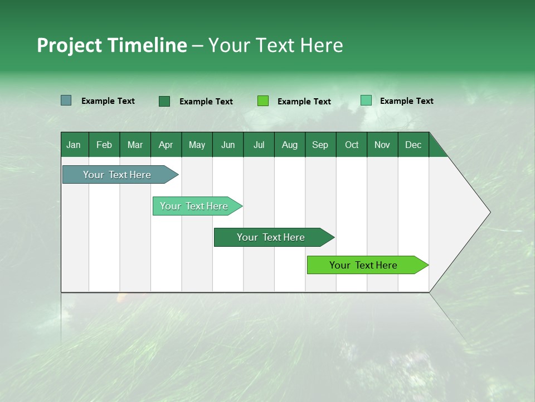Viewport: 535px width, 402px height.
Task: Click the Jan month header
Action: [x=74, y=145]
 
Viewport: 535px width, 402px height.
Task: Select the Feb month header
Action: [x=104, y=145]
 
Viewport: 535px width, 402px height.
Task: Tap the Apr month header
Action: [x=166, y=145]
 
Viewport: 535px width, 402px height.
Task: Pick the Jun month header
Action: [x=228, y=145]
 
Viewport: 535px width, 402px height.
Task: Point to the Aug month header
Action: [x=289, y=145]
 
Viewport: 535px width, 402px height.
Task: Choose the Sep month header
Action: [x=320, y=145]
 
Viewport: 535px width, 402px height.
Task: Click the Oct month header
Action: [x=352, y=145]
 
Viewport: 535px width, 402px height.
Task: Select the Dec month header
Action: [x=413, y=145]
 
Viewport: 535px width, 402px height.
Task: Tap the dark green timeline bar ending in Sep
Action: [x=271, y=237]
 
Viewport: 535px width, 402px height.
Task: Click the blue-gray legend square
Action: [x=66, y=100]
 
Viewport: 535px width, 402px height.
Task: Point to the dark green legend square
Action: [x=164, y=101]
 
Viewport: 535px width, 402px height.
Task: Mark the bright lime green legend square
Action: [x=262, y=101]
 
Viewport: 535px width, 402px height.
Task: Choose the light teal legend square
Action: [x=366, y=100]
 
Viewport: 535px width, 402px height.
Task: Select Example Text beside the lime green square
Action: [x=304, y=102]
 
